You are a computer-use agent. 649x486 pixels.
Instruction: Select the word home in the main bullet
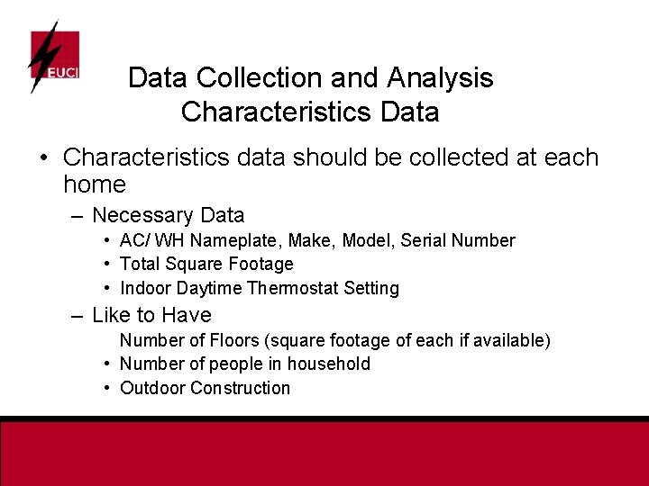[95, 185]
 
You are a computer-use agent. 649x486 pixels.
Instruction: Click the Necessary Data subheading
[168, 215]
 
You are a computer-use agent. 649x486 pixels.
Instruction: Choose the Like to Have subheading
[151, 315]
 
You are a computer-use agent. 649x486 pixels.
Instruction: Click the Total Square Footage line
[206, 264]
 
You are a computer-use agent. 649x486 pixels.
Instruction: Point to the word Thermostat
[289, 288]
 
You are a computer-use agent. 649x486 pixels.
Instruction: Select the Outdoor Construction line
[205, 388]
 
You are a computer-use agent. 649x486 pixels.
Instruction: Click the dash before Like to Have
[77, 316]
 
